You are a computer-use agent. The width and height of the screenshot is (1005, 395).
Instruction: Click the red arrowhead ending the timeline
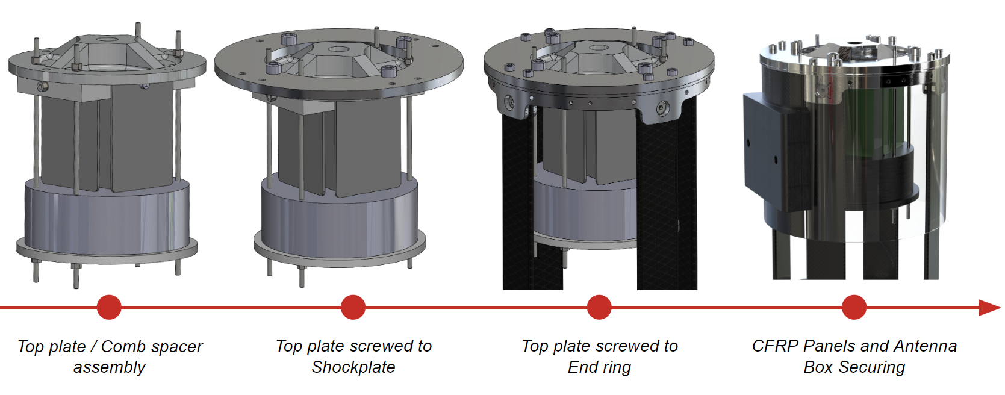pyautogui.click(x=990, y=308)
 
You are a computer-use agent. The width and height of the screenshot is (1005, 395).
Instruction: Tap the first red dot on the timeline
pyautogui.click(x=109, y=308)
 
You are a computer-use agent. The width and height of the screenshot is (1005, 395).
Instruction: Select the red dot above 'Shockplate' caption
pyautogui.click(x=353, y=308)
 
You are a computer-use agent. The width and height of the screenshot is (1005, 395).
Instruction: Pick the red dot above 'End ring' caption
pyautogui.click(x=599, y=308)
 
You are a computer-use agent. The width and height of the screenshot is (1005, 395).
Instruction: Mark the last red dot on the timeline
pyautogui.click(x=854, y=308)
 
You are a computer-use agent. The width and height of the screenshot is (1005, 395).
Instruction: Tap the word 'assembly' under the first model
pyautogui.click(x=110, y=368)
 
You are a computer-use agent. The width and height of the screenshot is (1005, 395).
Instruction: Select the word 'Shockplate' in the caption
pyautogui.click(x=353, y=367)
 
